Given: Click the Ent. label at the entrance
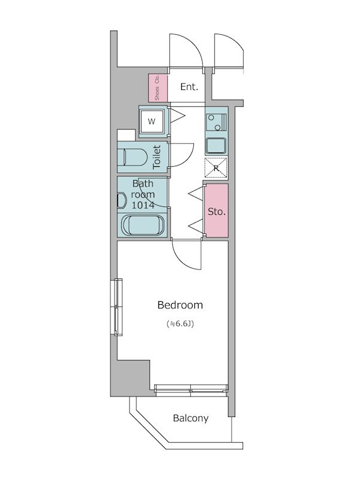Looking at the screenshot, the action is [189, 87].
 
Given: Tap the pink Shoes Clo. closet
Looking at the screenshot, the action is [158, 88].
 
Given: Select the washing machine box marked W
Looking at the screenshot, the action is [152, 121].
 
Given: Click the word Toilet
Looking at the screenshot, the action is [157, 157].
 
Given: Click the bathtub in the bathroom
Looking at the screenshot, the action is [143, 226].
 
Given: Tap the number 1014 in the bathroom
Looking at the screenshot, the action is [143, 205].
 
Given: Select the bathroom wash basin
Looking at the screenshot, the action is [122, 200].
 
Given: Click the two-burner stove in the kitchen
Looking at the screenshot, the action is [217, 122].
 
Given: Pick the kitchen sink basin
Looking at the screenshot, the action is [216, 146].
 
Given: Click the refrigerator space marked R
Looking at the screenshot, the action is [216, 168].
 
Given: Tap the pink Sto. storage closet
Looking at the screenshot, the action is [217, 211].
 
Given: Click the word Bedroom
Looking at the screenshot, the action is [180, 305].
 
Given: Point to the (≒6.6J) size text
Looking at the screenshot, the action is [181, 323].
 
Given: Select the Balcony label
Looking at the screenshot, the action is [191, 418].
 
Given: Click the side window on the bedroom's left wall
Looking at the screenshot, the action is [118, 307].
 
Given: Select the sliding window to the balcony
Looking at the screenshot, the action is [191, 389].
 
